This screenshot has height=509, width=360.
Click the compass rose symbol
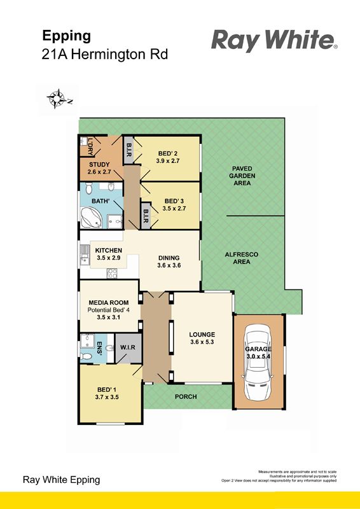[57, 99]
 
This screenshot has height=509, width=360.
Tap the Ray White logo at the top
[275, 41]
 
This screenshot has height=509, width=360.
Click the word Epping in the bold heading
[67, 36]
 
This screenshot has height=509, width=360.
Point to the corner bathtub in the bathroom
[91, 218]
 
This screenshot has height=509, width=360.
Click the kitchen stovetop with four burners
[113, 274]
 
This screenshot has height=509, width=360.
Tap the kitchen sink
[85, 255]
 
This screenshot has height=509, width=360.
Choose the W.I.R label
[128, 347]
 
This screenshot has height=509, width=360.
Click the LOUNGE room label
[202, 335]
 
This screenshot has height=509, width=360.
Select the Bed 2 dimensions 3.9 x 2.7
[167, 161]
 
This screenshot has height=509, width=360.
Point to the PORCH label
[186, 396]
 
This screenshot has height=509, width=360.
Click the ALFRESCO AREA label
[242, 258]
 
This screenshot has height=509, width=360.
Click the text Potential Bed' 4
[109, 310]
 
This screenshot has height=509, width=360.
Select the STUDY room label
[99, 165]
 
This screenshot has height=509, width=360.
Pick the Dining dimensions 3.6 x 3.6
[169, 265]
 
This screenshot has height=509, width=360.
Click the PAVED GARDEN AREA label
[242, 176]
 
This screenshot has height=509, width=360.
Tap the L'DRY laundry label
[90, 147]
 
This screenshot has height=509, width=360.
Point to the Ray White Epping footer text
[61, 480]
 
